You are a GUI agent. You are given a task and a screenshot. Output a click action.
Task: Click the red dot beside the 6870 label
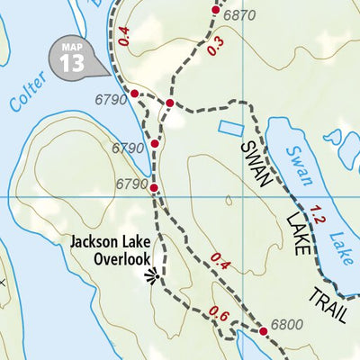[x=215, y=11]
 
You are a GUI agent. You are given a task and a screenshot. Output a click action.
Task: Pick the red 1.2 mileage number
[x=317, y=215]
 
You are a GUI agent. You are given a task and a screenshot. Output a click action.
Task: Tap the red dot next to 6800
[x=263, y=332]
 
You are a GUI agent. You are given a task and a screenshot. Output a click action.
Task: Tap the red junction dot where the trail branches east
[x=168, y=103]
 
